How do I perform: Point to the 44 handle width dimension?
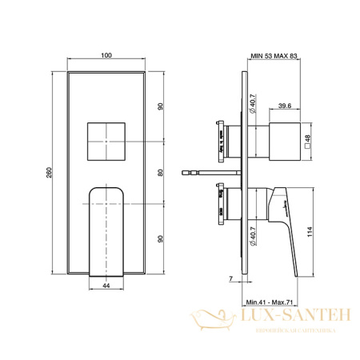[107, 283]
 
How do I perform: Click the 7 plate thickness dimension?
[230, 279]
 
